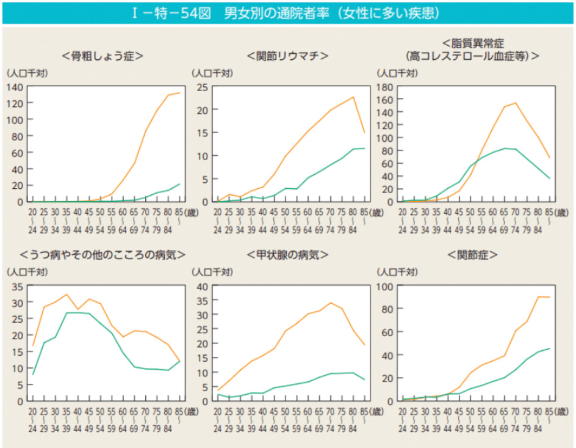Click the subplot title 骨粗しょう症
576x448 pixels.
coord(103,56)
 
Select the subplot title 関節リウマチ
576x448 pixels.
coord(287,56)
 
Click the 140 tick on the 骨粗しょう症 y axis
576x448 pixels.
coord(15,87)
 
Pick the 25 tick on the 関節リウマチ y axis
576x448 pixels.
coord(202,87)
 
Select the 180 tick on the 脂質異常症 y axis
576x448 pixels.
coord(384,87)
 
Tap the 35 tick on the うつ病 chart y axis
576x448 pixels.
coord(17,286)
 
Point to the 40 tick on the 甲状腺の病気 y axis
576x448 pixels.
coord(202,286)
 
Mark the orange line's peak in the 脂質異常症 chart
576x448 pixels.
coord(516,103)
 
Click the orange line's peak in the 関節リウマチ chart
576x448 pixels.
coord(353,97)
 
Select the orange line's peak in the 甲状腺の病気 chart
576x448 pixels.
coord(330,303)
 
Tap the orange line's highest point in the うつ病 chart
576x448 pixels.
coord(67,295)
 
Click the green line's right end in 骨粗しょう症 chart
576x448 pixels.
coord(180,184)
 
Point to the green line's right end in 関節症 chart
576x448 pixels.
coord(549,348)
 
